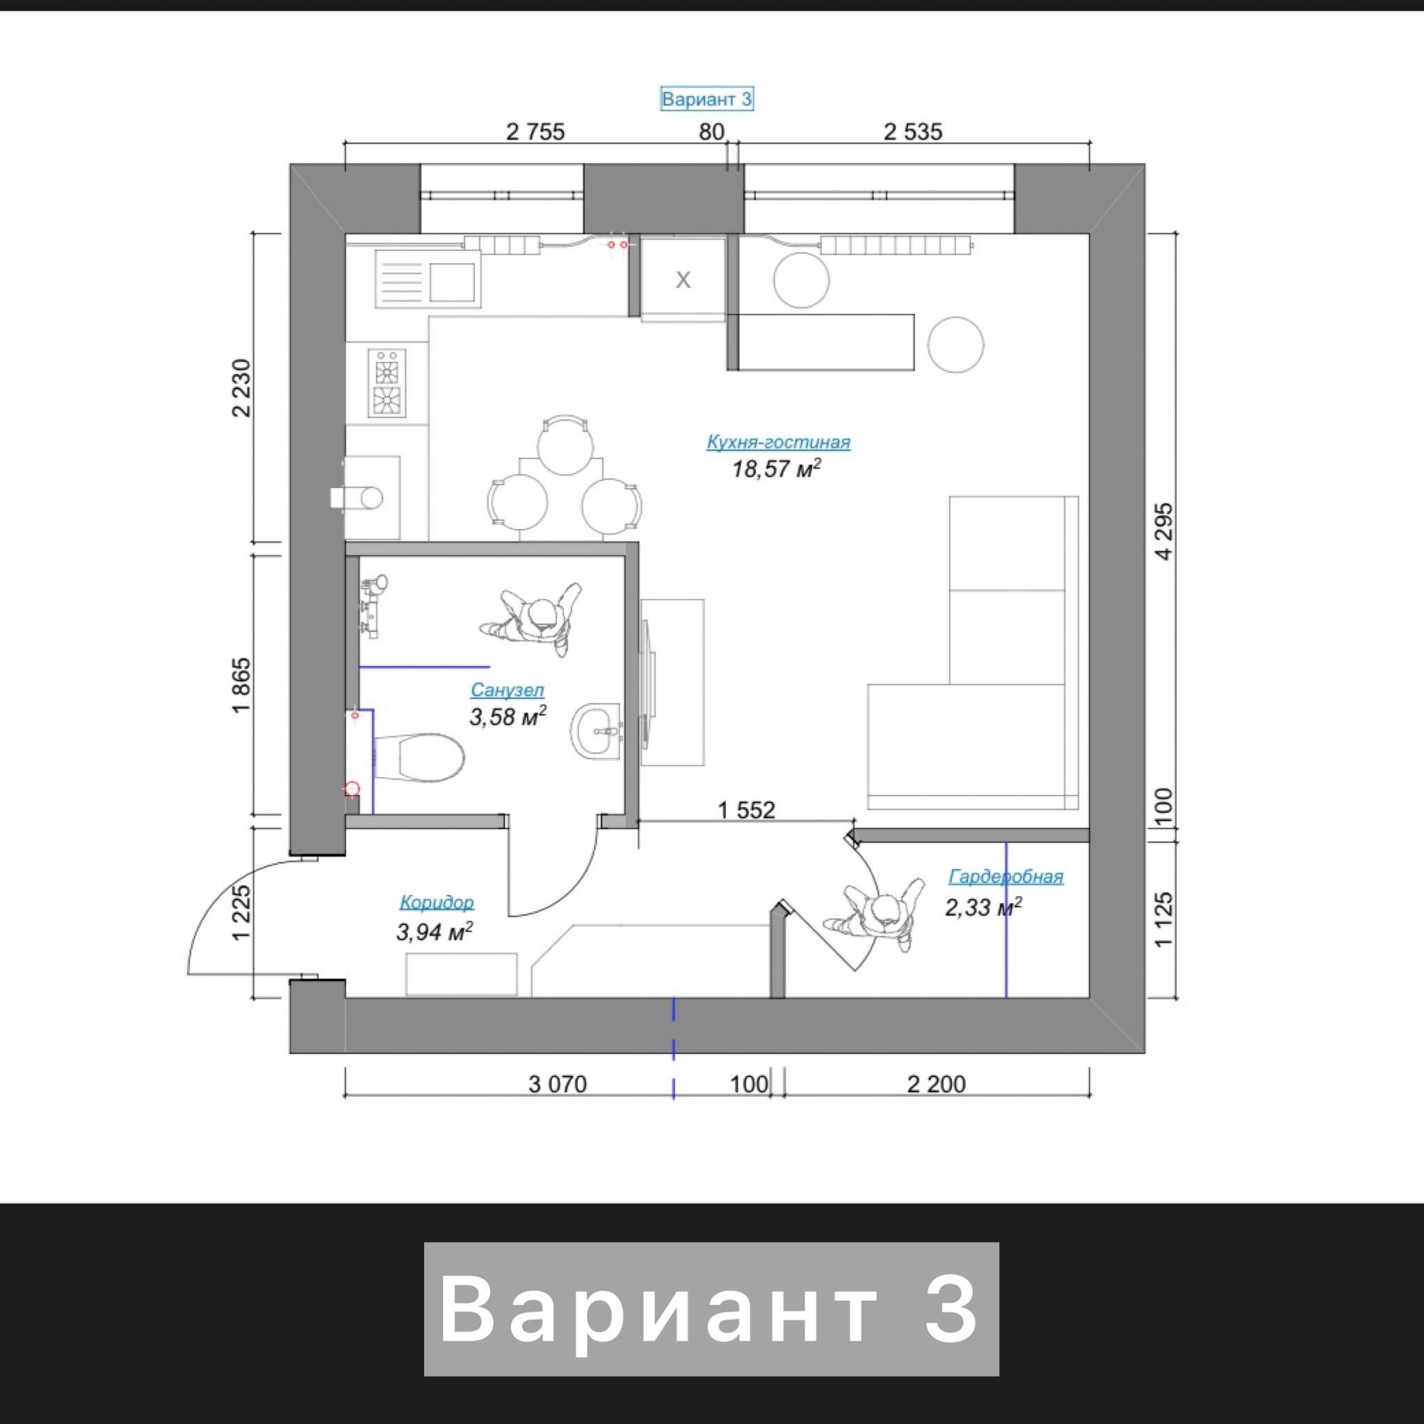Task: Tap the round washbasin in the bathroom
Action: click(x=597, y=731)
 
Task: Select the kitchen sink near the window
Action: click(x=428, y=279)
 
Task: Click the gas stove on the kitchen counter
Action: click(x=387, y=383)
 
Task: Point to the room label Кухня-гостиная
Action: click(x=778, y=442)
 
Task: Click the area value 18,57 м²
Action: click(x=776, y=468)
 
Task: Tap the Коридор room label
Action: click(x=437, y=901)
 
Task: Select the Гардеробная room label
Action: click(x=1005, y=876)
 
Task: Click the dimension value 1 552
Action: click(x=747, y=810)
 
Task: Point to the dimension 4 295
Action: click(x=1163, y=531)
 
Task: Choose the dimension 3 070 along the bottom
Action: click(x=557, y=1083)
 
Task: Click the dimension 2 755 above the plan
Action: click(x=535, y=131)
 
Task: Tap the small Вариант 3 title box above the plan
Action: click(x=707, y=99)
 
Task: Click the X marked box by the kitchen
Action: click(x=683, y=279)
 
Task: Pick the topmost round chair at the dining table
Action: click(x=565, y=445)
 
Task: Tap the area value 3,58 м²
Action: click(x=508, y=716)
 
